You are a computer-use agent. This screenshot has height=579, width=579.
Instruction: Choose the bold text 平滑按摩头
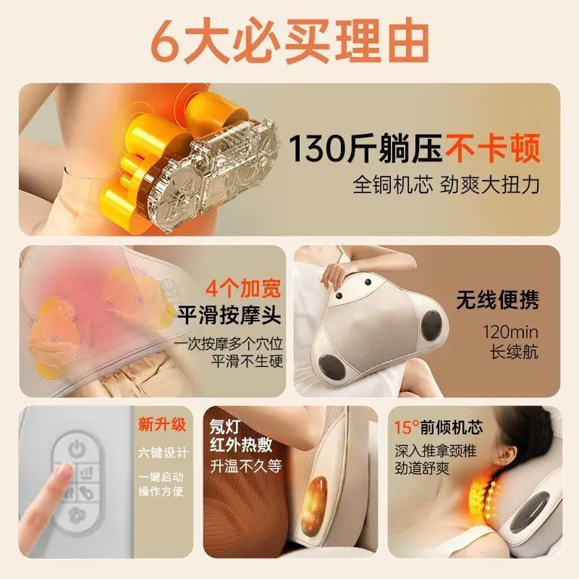pos(230,315)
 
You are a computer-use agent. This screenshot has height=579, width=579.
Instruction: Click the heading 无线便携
pos(497,300)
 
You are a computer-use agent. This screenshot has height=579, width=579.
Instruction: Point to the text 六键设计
pos(164,453)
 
